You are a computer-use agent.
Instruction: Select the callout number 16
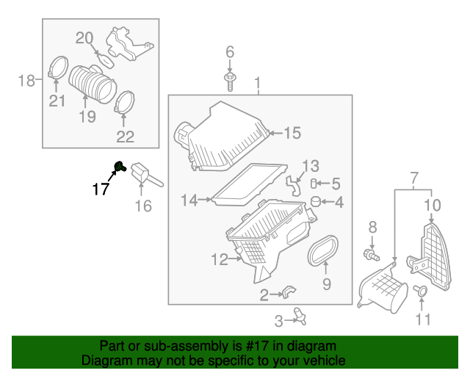pyautogui.click(x=143, y=206)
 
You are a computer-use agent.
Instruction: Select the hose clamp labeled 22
pyautogui.click(x=125, y=102)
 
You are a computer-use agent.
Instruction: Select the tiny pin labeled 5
pyautogui.click(x=315, y=183)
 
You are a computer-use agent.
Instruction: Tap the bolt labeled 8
pyautogui.click(x=372, y=255)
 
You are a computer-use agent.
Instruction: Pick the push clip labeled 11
pyautogui.click(x=421, y=291)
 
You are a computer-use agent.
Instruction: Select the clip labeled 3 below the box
pyautogui.click(x=299, y=316)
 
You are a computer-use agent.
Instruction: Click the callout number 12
pyautogui.click(x=219, y=259)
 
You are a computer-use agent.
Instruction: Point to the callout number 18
pyautogui.click(x=26, y=80)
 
